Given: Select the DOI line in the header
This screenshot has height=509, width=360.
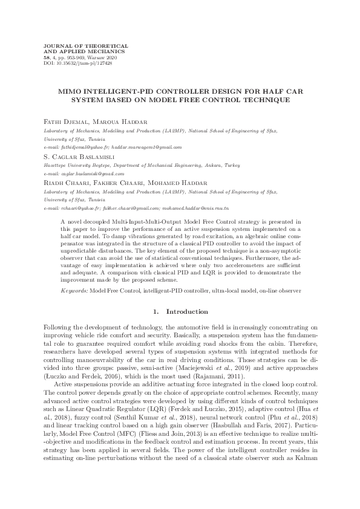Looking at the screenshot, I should click(71, 63).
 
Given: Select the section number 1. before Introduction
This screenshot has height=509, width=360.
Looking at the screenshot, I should click(157, 312).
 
